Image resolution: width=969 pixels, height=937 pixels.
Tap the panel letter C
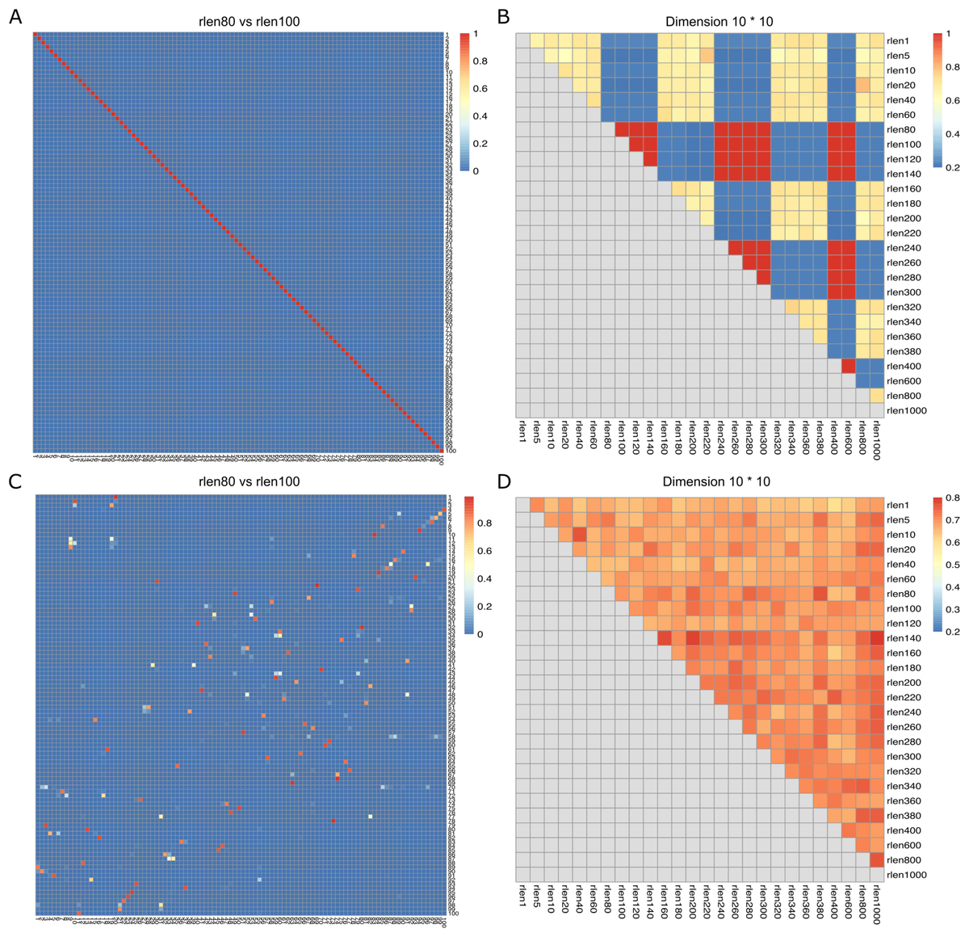tap(15, 481)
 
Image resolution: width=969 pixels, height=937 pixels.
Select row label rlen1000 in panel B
tap(907, 410)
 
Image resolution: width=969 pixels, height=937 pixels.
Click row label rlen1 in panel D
tap(898, 506)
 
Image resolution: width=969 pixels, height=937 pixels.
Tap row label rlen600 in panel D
tap(904, 845)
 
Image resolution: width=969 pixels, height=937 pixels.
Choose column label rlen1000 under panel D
tap(877, 898)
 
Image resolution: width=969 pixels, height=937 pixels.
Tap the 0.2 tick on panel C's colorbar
tap(479, 607)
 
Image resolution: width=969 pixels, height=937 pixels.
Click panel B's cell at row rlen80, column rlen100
tap(622, 129)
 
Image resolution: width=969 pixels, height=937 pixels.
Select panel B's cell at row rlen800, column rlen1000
tap(877, 396)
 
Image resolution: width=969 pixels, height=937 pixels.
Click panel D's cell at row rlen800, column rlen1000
tap(877, 859)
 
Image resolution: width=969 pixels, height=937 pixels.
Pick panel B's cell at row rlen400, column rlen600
tap(848, 366)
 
